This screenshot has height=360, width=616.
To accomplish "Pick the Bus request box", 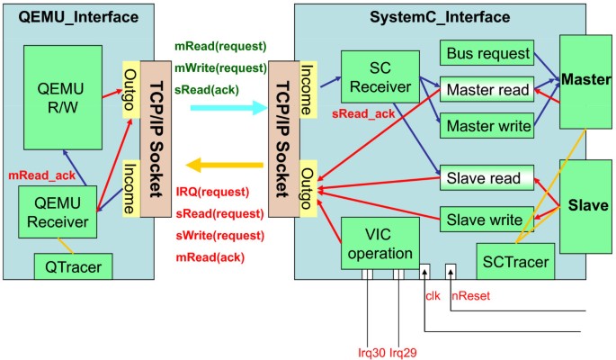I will click(486, 53).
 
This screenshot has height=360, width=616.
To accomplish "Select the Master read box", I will click(486, 90).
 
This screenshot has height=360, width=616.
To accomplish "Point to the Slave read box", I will click(486, 178).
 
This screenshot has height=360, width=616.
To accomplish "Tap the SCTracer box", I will click(514, 260).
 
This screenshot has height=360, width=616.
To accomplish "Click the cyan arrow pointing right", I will click(229, 107).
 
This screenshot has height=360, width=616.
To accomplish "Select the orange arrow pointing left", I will click(225, 165).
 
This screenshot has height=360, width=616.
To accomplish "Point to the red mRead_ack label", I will click(40, 174).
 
